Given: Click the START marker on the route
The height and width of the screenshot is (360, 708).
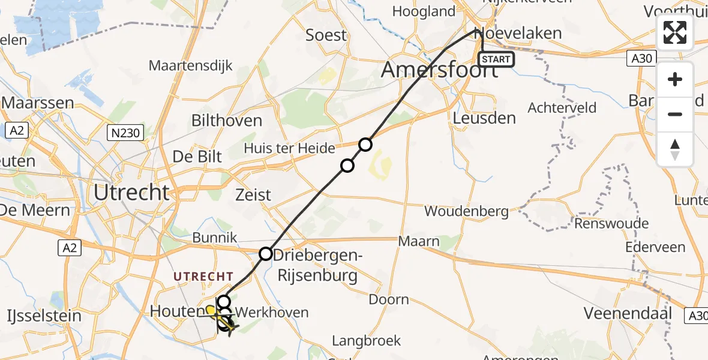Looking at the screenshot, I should [x=496, y=59].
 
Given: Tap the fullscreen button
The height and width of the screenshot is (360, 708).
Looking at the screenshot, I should [x=675, y=32].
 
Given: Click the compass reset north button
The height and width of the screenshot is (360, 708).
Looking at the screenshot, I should [x=675, y=149].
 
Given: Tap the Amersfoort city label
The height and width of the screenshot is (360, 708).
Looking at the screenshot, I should [x=440, y=70].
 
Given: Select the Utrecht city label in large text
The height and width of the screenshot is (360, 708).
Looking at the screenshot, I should [x=131, y=193].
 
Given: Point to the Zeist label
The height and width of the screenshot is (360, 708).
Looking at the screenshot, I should [x=253, y=195].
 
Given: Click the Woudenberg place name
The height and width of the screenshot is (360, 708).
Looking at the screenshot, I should [x=466, y=211].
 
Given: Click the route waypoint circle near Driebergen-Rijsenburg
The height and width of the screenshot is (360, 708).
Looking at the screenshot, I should [x=266, y=254].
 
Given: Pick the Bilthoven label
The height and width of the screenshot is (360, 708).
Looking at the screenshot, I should [x=227, y=121].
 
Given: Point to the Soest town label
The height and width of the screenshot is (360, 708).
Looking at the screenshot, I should [x=326, y=35].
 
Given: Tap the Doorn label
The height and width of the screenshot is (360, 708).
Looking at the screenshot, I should [x=389, y=299].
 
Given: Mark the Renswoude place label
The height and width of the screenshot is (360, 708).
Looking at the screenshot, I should [x=611, y=224].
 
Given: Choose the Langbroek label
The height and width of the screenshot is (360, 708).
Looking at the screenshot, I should [x=366, y=341].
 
